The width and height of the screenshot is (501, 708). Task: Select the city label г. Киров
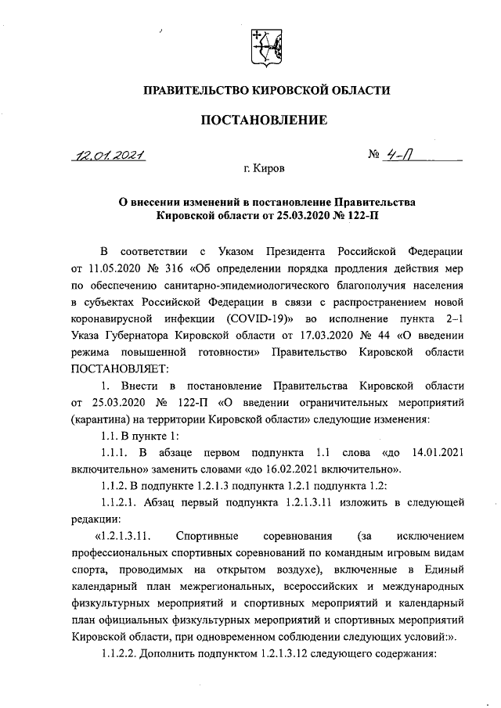[x=265, y=167]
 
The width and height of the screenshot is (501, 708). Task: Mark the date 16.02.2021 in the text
[x=337, y=469]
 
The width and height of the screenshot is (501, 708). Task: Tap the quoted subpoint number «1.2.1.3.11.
[x=122, y=536]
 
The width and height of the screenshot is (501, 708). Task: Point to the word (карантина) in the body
[x=102, y=419]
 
